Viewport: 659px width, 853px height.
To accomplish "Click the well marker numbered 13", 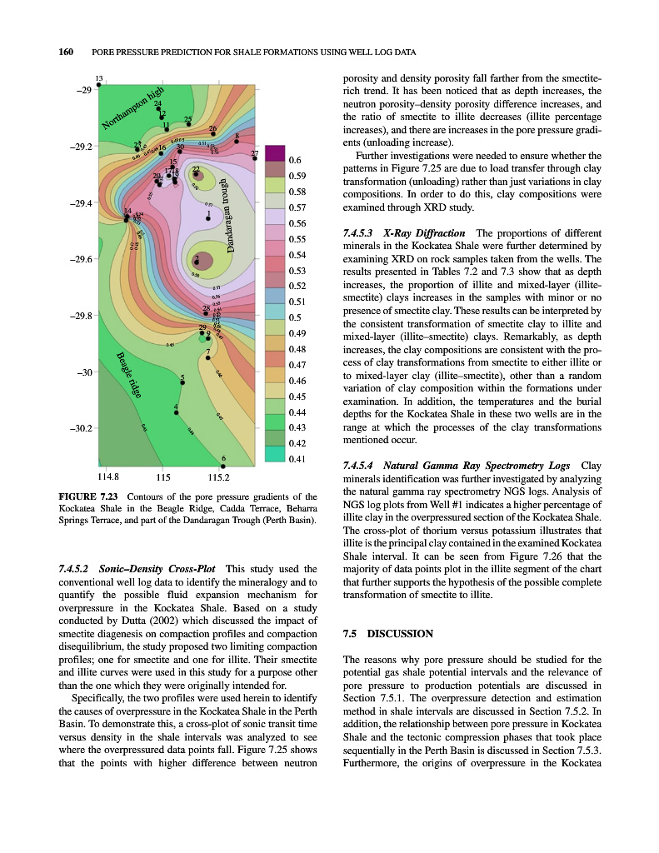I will pos(99,84).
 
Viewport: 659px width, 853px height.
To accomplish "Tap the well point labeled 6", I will pos(223,466).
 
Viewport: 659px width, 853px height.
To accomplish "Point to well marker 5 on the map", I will pos(182,383).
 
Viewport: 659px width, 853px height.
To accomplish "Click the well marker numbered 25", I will pos(188,126).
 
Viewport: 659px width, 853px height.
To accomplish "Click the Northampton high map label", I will pos(134,110).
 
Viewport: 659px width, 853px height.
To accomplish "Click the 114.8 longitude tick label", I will pos(107,477).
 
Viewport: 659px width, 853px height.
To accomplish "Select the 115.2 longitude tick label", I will pos(218,477).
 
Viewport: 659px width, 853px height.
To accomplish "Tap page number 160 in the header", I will pos(66,52).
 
